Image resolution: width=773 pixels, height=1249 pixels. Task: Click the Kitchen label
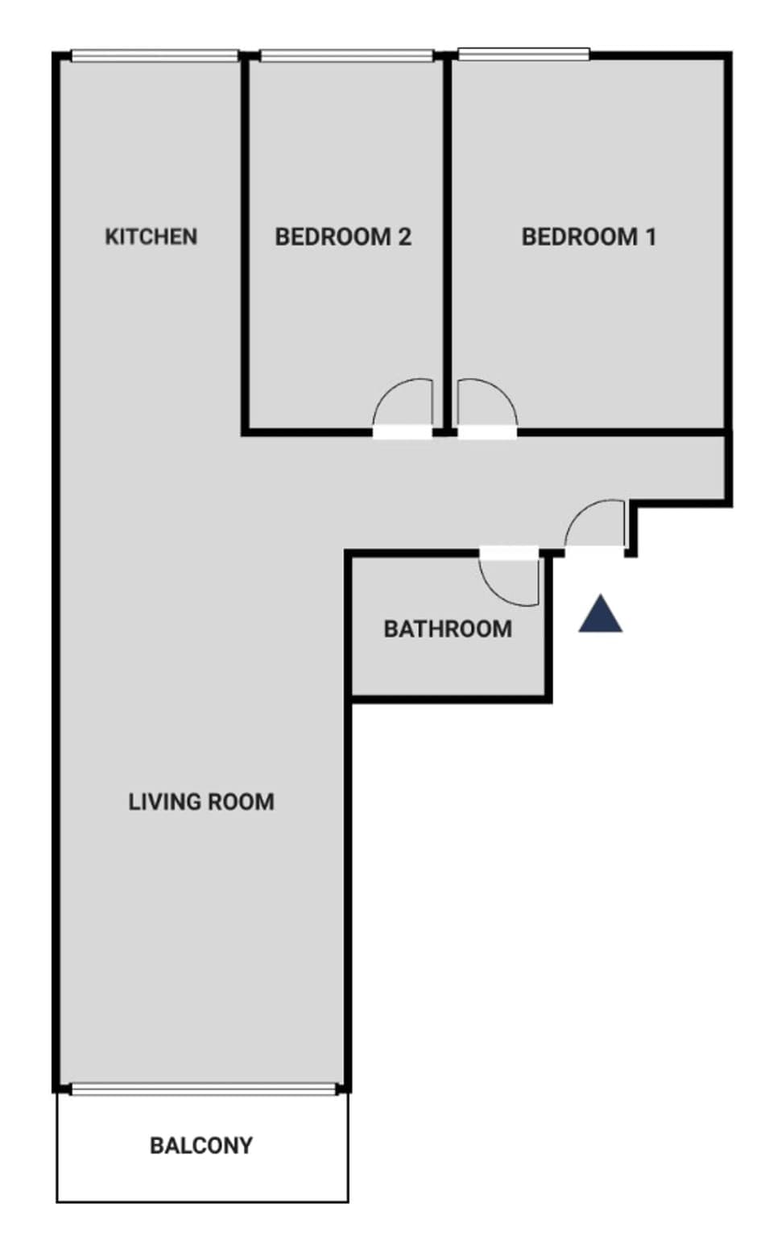(151, 237)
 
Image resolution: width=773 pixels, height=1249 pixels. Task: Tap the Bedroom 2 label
(343, 237)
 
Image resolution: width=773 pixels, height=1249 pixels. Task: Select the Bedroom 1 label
(589, 237)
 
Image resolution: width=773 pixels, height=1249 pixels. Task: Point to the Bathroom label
(448, 629)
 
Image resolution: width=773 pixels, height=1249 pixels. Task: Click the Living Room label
(201, 802)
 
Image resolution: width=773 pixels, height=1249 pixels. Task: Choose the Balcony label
(201, 1145)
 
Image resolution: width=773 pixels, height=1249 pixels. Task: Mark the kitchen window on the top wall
(155, 56)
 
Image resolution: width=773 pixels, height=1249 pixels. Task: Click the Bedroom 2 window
(347, 56)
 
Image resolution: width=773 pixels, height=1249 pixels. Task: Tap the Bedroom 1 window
(523, 54)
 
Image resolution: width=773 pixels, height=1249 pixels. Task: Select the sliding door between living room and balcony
(203, 1089)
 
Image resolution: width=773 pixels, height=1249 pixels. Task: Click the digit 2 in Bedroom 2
(404, 237)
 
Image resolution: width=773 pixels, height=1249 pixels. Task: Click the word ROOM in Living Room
(241, 802)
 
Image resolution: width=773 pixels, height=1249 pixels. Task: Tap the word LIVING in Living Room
(164, 802)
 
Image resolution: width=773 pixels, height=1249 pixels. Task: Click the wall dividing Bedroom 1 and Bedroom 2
(447, 241)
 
